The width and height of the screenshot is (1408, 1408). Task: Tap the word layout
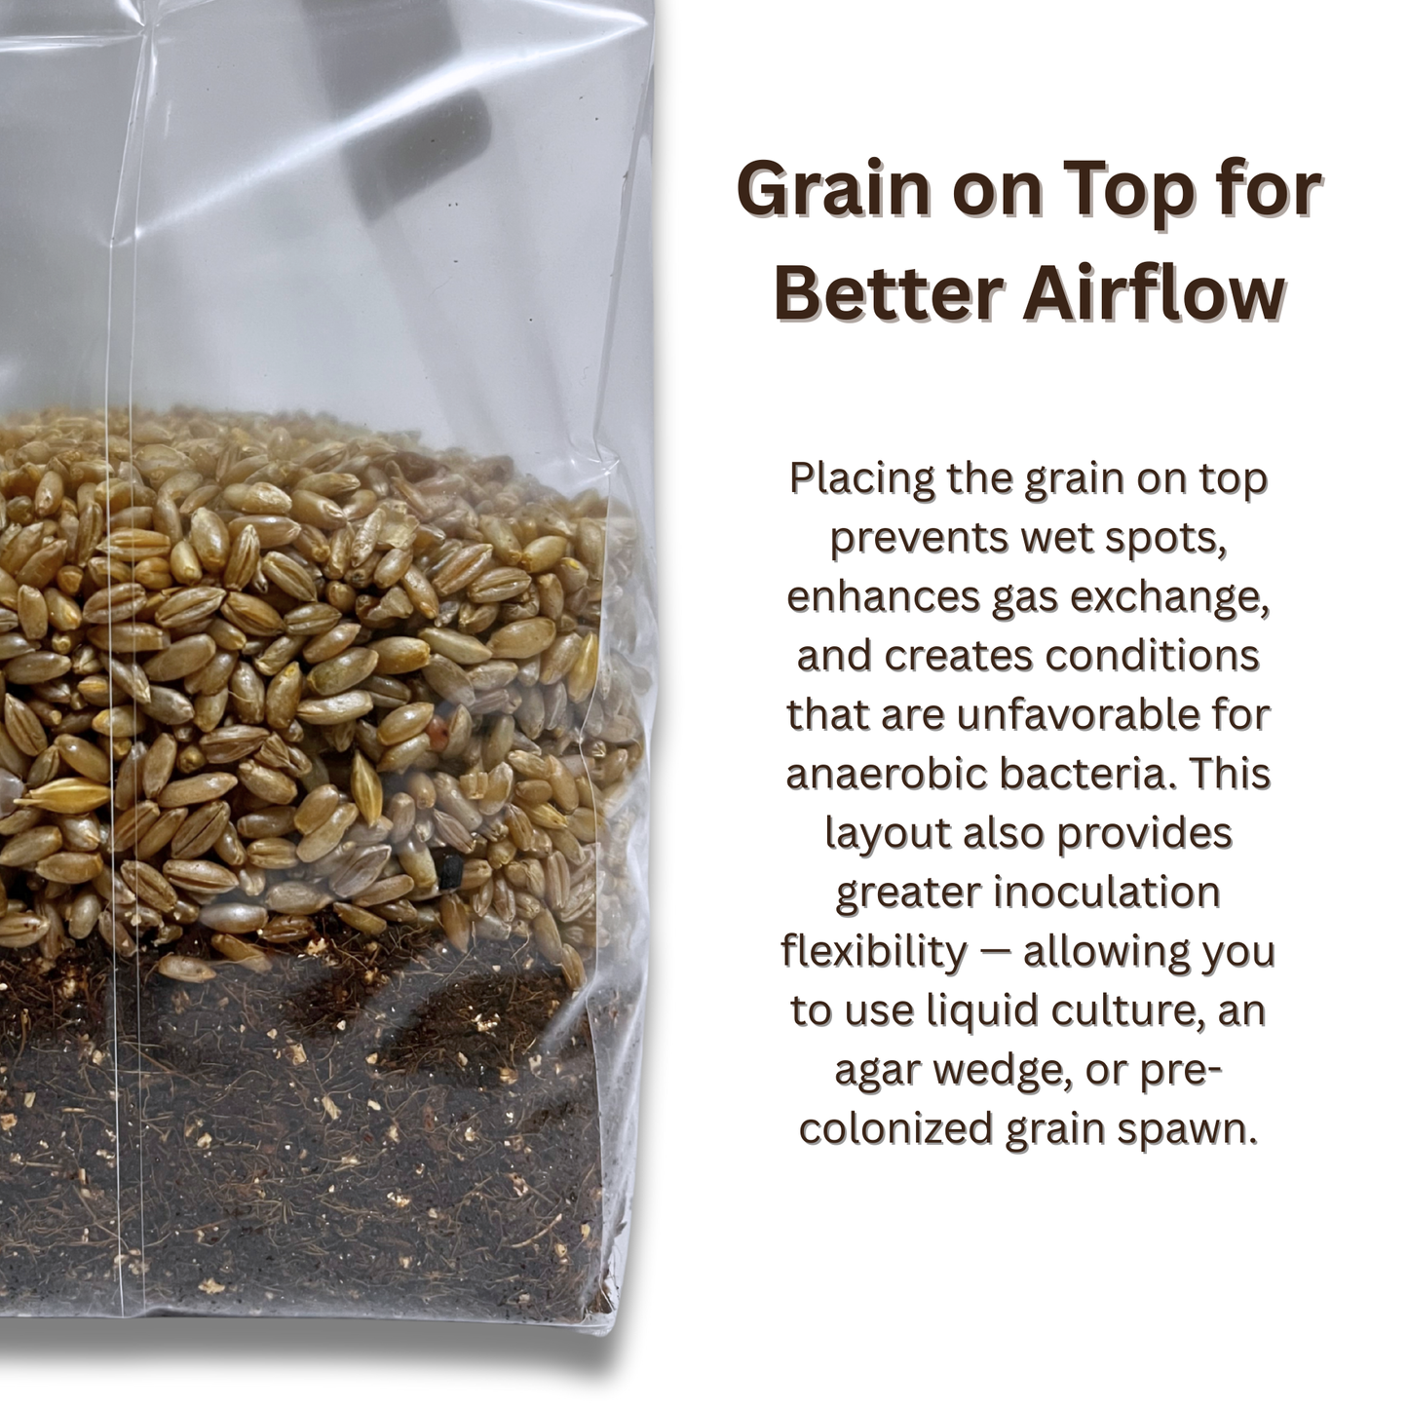tap(888, 832)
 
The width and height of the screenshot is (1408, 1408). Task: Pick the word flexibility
tap(873, 951)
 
